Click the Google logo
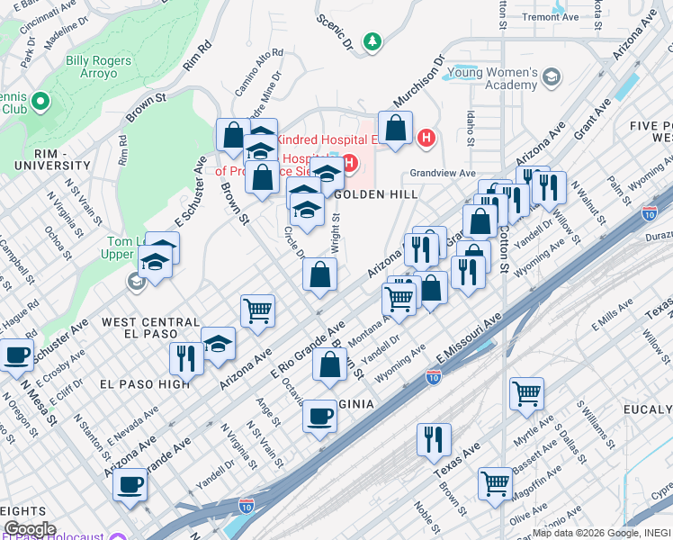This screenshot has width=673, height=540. click(29, 529)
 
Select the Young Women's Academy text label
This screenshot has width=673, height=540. click(494, 78)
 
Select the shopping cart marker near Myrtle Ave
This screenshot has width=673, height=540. click(526, 393)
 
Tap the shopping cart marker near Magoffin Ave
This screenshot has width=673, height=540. click(495, 483)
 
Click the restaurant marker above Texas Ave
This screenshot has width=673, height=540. click(434, 440)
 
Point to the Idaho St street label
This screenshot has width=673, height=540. click(470, 126)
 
